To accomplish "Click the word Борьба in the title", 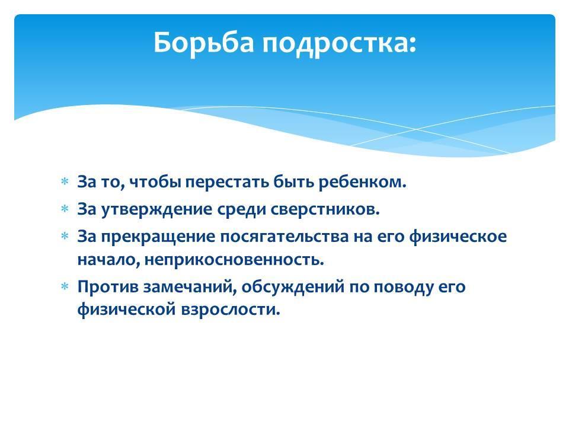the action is pos(203,43).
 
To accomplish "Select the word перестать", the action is pos(227,182).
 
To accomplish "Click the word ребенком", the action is pos(363,181).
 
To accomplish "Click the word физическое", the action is pos(458,237).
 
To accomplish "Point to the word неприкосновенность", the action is pos(234,260).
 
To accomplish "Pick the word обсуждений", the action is pos(293,287).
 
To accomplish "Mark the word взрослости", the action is pos(230,310).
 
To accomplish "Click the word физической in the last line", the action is pos(126,310).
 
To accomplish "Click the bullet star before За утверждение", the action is pos(65,209).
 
